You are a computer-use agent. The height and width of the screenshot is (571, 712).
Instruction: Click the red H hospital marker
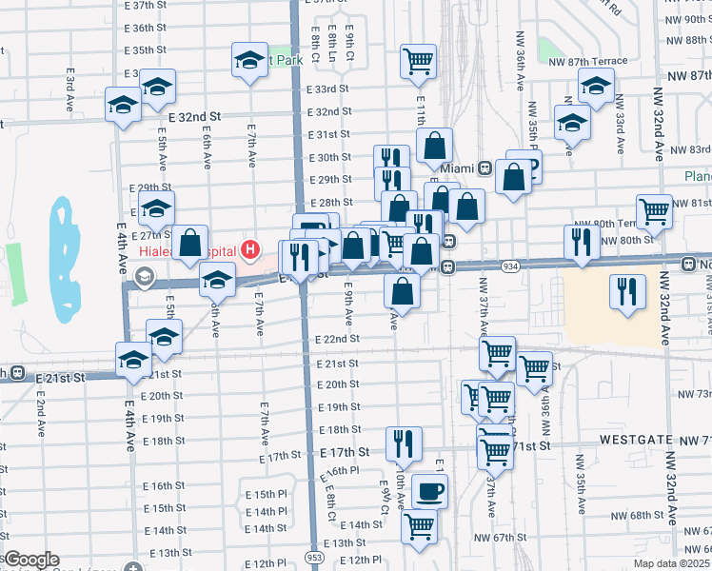point(249,251)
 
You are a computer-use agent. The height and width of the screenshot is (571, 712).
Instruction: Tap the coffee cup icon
point(428,492)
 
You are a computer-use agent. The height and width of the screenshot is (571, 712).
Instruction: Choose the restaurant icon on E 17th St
point(404,443)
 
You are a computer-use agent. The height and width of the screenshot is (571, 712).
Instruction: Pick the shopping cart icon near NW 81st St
point(654,213)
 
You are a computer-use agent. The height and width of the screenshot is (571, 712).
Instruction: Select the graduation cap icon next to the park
point(249,61)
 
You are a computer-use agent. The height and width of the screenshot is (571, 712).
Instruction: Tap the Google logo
point(31,560)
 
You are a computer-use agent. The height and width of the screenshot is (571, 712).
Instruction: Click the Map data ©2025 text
point(671,563)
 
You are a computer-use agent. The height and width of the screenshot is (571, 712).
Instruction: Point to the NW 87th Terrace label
point(588,61)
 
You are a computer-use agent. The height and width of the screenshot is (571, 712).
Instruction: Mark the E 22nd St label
point(337,339)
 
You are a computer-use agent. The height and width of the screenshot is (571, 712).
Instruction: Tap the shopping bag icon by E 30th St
point(434,148)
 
